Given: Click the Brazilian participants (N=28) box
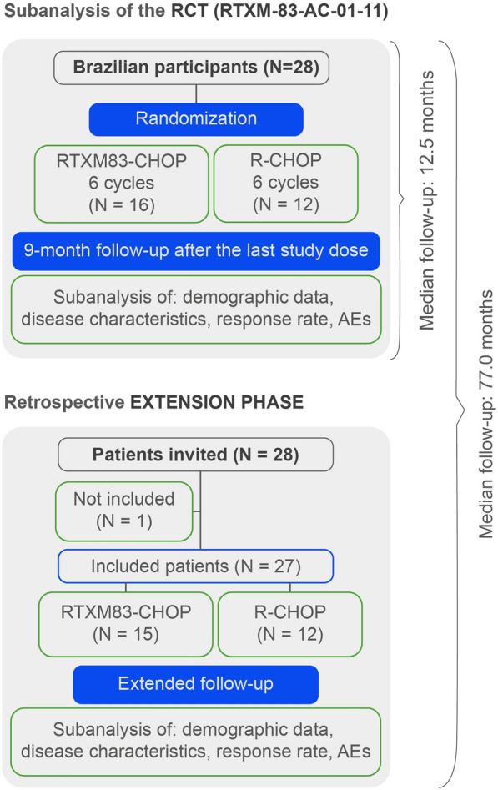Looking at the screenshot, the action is tap(192, 68).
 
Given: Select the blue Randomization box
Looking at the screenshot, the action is tap(196, 119).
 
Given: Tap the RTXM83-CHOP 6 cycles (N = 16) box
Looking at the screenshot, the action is tap(122, 184).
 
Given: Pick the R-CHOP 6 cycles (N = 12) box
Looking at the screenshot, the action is tap(286, 184).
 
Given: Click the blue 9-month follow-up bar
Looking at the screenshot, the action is tap(196, 251).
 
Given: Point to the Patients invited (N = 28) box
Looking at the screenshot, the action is tap(195, 455).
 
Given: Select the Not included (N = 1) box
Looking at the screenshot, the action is tap(124, 511).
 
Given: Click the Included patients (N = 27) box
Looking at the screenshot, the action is tap(195, 566).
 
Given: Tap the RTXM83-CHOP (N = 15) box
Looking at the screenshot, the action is tap(125, 624).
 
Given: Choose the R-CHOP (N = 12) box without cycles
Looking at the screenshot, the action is tap(289, 624).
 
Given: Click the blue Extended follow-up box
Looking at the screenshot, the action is tap(195, 684).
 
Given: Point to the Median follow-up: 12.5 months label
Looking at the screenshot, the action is tap(426, 200).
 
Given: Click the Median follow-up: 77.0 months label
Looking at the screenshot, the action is tap(485, 414).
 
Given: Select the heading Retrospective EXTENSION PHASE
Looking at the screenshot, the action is tap(153, 403).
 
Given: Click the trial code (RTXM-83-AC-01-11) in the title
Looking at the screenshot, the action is tap(301, 11).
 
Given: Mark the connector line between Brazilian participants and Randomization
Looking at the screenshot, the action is tap(196, 93).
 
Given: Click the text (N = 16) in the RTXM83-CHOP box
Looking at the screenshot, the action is tap(122, 205).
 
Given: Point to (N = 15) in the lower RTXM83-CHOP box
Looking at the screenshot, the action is tap(125, 634).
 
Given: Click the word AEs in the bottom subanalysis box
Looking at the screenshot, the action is tap(354, 751).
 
